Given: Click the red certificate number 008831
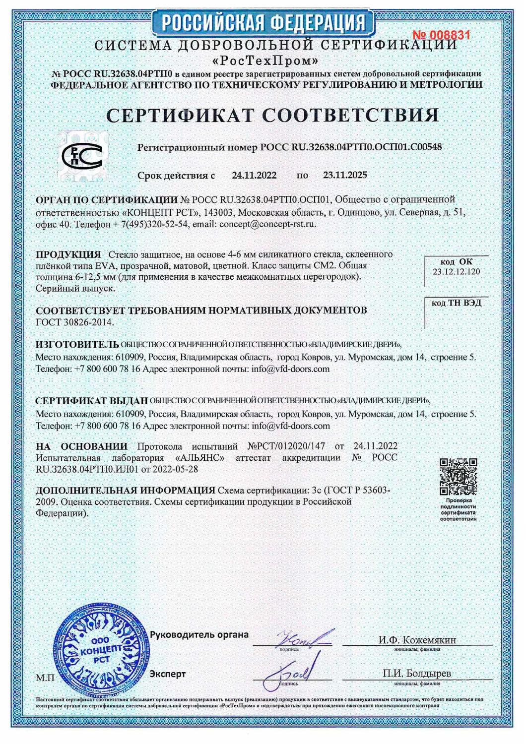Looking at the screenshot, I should coord(441,35).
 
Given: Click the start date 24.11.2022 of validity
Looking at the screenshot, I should coord(254,175).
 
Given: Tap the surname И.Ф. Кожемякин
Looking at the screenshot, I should coord(417,639).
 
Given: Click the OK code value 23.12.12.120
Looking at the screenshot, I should coord(456,272).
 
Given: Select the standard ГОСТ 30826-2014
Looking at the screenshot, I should coord(75,321).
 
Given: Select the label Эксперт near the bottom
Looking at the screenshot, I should coord(168,674).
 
